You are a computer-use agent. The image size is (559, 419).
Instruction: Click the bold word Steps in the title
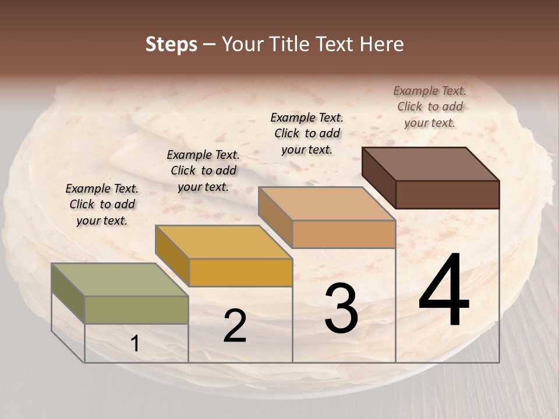pos(171,44)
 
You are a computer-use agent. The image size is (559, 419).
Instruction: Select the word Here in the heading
pos(381,44)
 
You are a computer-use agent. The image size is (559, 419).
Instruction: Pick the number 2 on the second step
pos(235,326)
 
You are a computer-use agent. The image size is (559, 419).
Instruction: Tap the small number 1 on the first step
pos(135,344)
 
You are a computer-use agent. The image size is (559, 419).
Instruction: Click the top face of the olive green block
pos(119,279)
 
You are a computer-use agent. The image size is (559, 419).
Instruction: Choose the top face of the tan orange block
pos(327,204)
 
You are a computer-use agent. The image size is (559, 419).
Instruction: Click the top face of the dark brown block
pos(430,164)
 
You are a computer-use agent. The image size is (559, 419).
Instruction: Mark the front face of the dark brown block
pos(447,194)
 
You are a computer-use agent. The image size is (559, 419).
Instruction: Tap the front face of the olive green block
pos(136,310)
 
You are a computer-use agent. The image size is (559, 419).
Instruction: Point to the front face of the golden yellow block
pos(240,272)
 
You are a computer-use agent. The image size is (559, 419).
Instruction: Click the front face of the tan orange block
pos(344,234)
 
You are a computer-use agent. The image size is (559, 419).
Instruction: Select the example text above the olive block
pos(102,204)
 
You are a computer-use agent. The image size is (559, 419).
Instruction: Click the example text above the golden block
pos(203,171)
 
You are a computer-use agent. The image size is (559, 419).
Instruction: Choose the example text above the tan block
pos(307,133)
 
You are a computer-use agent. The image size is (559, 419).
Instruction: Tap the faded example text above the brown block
pos(430,106)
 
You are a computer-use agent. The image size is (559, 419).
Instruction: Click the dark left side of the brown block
pos(378,177)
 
